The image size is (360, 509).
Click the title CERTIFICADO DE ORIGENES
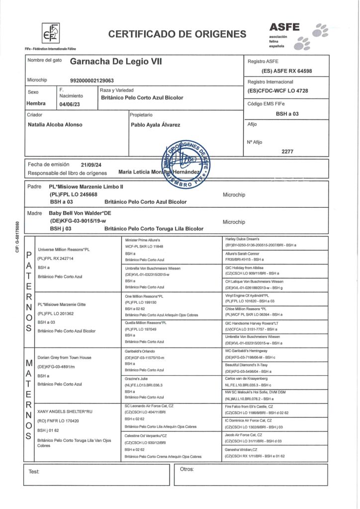tap(177, 34)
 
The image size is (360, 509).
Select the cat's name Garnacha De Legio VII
tap(116, 62)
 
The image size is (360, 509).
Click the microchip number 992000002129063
tap(92, 80)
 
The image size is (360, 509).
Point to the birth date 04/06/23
tap(69, 104)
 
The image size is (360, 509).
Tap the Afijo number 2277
tap(287, 151)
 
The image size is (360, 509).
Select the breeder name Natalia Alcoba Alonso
tap(55, 124)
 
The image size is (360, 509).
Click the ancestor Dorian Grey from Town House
tap(65, 357)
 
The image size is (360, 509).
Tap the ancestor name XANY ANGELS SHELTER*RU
tap(65, 412)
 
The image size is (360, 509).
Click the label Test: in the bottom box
tap(34, 470)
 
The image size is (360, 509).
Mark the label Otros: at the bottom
tap(187, 469)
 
